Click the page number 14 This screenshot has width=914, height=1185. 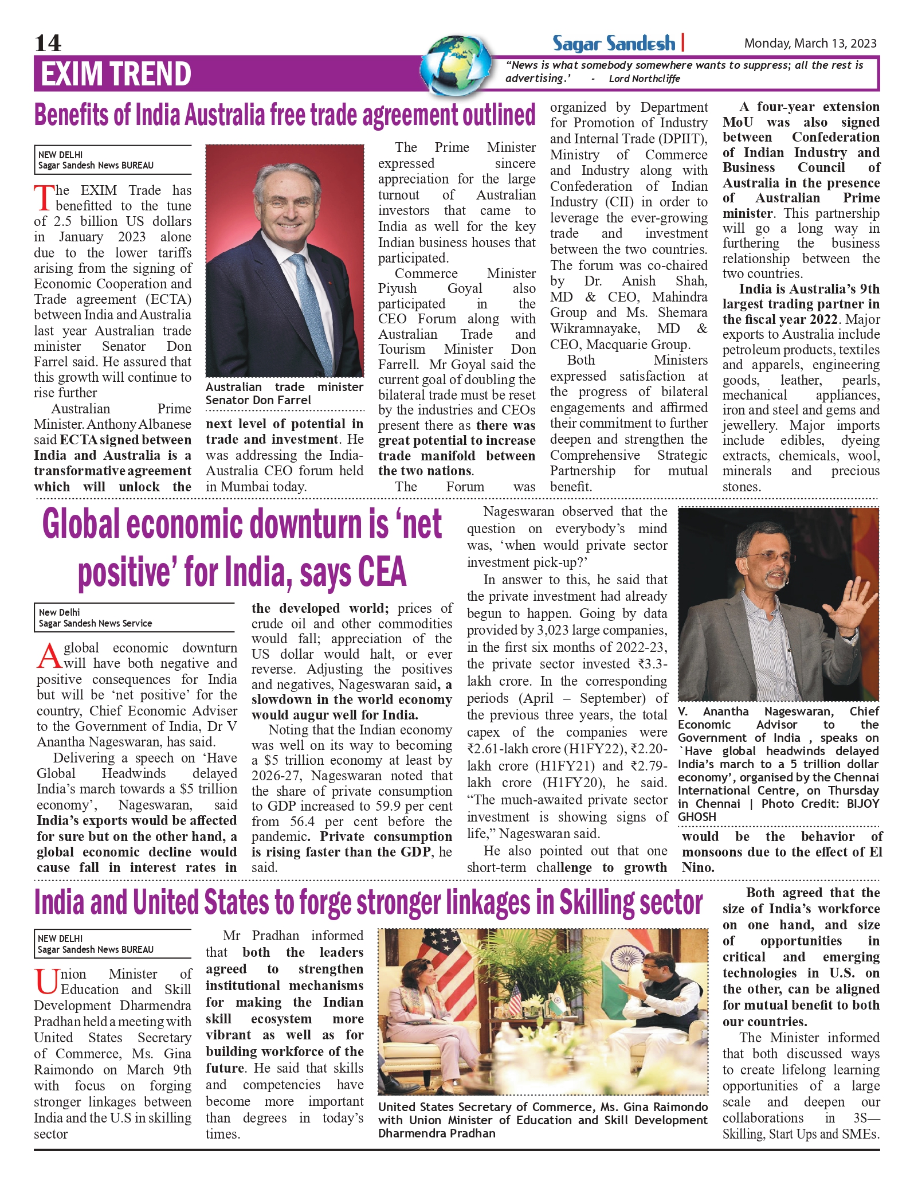point(48,43)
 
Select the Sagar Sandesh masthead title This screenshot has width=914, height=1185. point(614,44)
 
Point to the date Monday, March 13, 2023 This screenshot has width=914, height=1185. point(810,44)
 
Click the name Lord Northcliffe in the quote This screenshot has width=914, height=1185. point(644,79)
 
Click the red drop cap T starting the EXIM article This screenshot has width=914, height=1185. point(44,198)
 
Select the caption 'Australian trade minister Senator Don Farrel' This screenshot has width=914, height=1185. point(284,393)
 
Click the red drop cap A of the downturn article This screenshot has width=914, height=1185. point(49,656)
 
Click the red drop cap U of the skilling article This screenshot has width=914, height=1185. point(46,981)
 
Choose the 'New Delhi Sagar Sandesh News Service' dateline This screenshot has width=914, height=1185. point(95,617)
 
